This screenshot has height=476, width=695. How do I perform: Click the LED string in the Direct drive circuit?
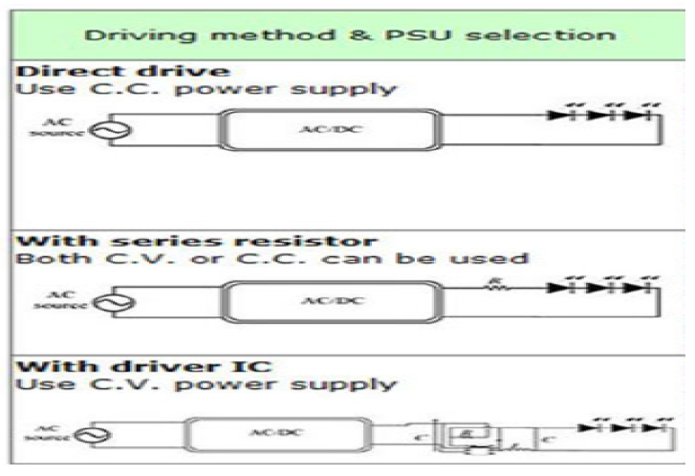pos(611,116)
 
